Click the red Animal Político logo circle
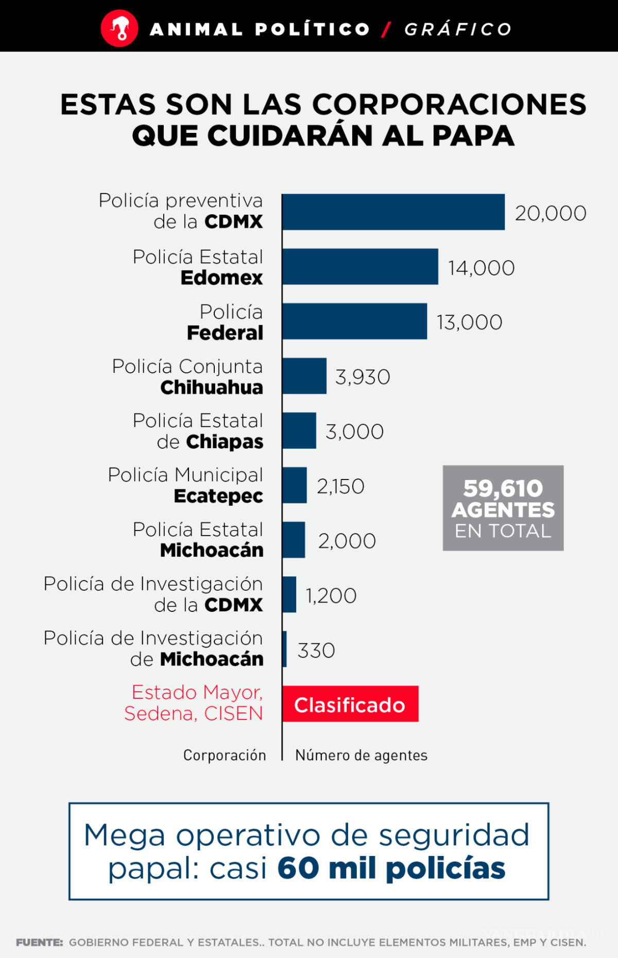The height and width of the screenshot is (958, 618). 119,29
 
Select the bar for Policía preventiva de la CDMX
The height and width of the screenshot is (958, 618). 393,212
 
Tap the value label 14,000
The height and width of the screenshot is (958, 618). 481,268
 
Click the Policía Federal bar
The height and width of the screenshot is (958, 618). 354,321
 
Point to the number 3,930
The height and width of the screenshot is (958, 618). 363,377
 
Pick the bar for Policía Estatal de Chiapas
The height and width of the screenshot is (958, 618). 299,431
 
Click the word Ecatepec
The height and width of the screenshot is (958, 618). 218,496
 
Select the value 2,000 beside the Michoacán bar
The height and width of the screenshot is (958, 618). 347,541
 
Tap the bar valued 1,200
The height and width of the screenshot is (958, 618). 289,594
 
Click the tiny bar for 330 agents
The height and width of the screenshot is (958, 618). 284,649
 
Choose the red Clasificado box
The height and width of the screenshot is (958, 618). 350,704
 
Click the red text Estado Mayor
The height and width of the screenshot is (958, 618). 197,692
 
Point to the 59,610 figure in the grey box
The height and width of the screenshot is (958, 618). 503,488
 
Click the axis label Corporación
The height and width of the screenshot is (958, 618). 225,755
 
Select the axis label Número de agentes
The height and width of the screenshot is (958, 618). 361,755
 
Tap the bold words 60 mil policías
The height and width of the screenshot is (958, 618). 391,868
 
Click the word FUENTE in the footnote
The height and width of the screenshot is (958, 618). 39,943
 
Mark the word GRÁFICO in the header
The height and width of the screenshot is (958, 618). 458,29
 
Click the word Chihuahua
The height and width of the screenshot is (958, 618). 212,387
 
